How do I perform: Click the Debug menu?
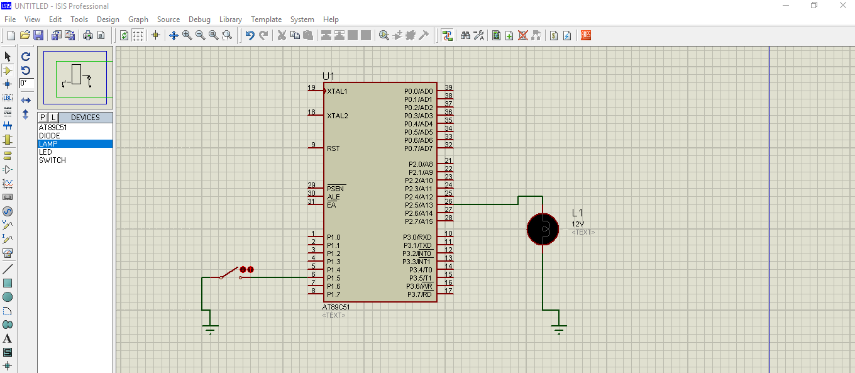pyautogui.click(x=199, y=19)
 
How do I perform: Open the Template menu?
pyautogui.click(x=266, y=19)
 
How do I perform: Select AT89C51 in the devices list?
pyautogui.click(x=53, y=128)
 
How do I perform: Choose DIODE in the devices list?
pyautogui.click(x=50, y=136)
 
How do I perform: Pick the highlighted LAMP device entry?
pyautogui.click(x=48, y=144)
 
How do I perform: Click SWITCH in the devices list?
pyautogui.click(x=52, y=160)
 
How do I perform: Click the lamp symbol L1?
pyautogui.click(x=543, y=229)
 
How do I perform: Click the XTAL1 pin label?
pyautogui.click(x=337, y=91)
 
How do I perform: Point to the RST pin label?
pyautogui.click(x=333, y=148)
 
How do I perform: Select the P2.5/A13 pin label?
pyautogui.click(x=418, y=205)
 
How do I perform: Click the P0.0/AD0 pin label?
pyautogui.click(x=418, y=91)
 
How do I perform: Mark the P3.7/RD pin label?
pyautogui.click(x=419, y=294)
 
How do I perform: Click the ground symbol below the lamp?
pyautogui.click(x=559, y=328)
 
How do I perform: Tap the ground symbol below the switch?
pyautogui.click(x=211, y=328)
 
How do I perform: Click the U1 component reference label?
pyautogui.click(x=328, y=76)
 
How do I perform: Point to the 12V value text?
pyautogui.click(x=578, y=224)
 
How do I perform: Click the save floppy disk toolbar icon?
pyautogui.click(x=38, y=35)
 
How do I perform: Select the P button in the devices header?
pyautogui.click(x=43, y=118)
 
